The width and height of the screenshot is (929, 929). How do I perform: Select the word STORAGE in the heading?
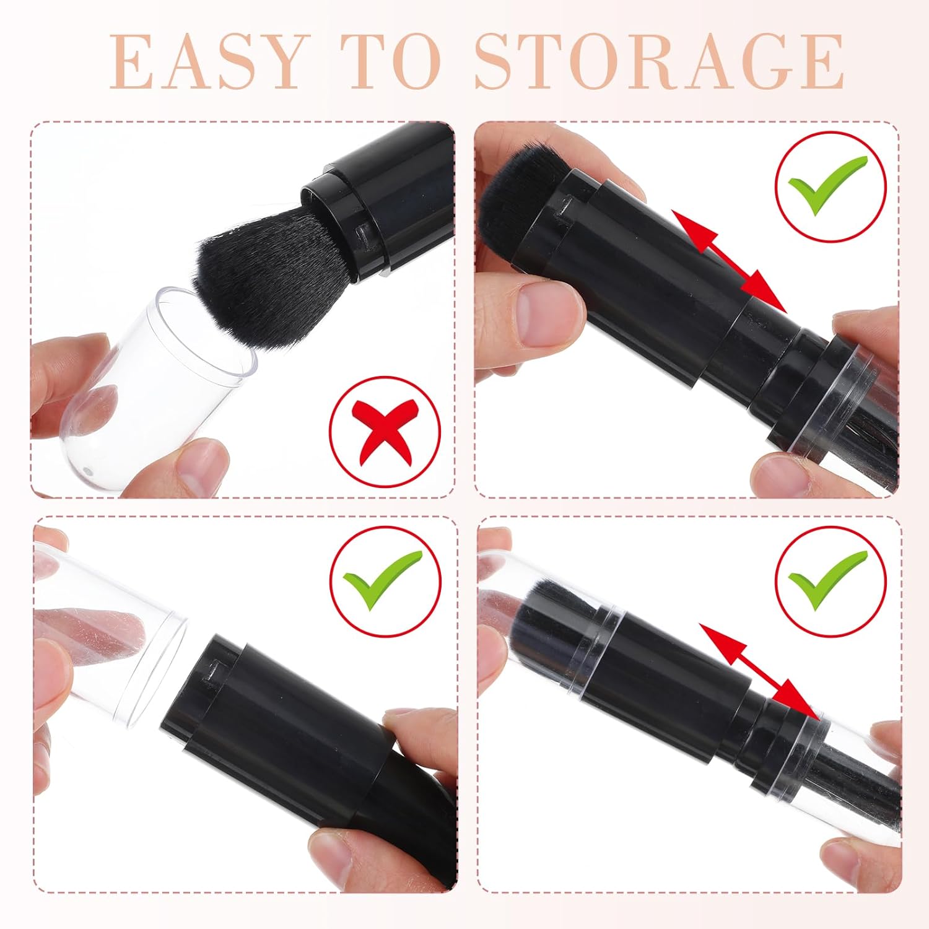[x=659, y=62]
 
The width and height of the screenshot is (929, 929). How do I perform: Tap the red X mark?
[x=385, y=430]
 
